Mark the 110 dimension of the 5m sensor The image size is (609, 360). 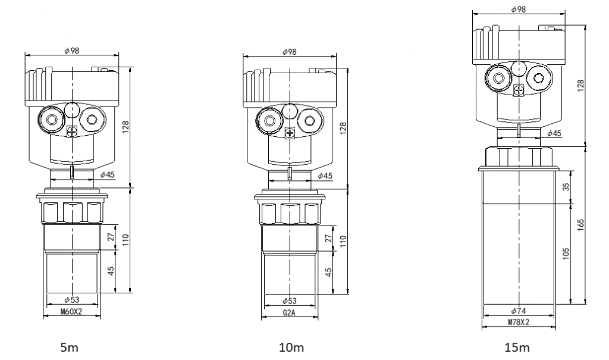[x=126, y=240]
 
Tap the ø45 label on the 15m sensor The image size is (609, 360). [x=554, y=133]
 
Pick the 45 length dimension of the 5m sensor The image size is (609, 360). [x=111, y=271]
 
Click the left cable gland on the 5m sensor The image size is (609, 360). [x=52, y=120]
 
